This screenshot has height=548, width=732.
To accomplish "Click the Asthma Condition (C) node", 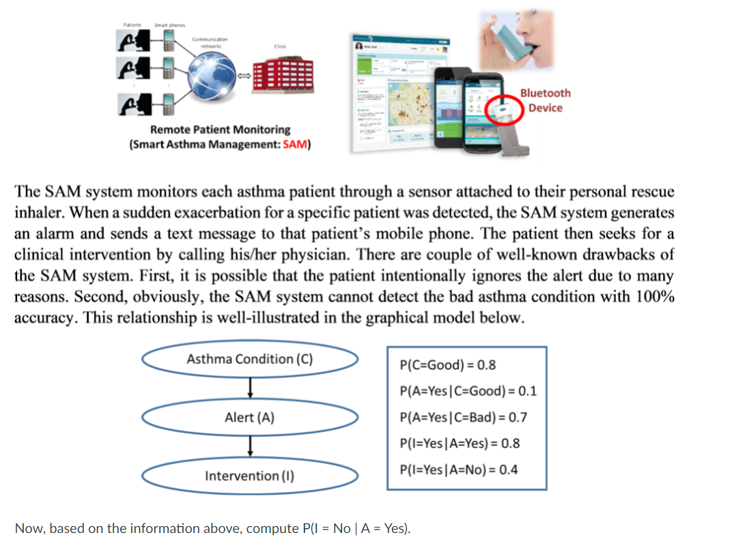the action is pos(250,359).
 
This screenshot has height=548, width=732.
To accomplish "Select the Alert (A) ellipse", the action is pos(250,417).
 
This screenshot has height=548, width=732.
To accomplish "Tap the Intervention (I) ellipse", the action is pos(250,475).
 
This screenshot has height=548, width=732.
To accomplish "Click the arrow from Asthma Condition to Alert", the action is pos(251,387).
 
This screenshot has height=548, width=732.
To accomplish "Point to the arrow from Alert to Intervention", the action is pos(251,445).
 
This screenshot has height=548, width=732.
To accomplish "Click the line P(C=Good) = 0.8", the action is pos(448,364).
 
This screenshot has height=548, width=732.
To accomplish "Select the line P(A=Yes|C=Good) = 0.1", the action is pos(468,391).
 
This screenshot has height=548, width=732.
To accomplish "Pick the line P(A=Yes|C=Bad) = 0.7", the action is pos(464,417).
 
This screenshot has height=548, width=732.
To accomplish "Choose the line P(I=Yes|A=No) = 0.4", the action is pos(458,470).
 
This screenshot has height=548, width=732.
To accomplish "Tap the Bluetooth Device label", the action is pos(545,100).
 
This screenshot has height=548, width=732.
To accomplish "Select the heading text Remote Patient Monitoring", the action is pos(220,130).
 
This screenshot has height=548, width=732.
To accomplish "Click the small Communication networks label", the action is pos(207,43).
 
